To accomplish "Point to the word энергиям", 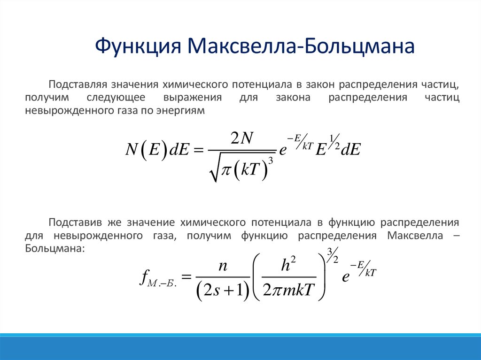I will (183, 110).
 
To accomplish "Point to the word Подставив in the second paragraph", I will (76, 221).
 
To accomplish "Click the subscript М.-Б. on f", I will (162, 284).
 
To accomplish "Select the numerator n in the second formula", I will (222, 267).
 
